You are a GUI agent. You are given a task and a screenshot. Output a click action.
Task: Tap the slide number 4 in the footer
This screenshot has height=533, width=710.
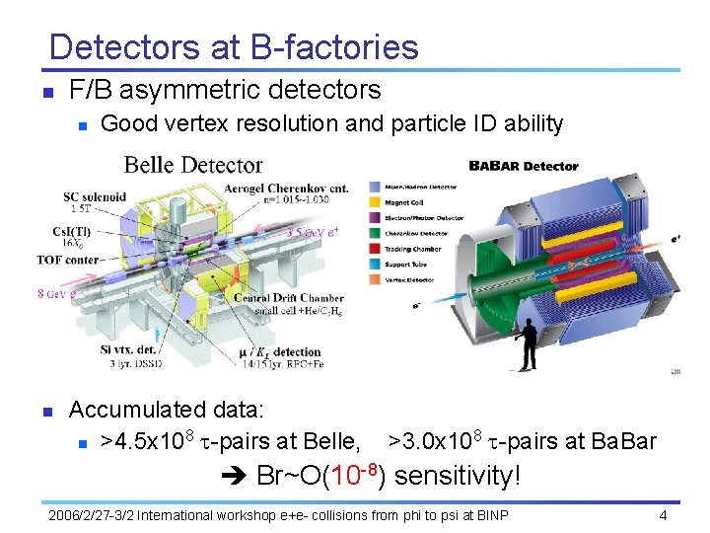click(664, 516)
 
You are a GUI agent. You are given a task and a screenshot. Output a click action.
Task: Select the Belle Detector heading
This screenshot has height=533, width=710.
click(193, 165)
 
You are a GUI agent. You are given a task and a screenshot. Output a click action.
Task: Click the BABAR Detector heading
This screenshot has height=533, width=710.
click(523, 166)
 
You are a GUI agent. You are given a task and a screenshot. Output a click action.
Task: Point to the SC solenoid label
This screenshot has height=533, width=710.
click(95, 196)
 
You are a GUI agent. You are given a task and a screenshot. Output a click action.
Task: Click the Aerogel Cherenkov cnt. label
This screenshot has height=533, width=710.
click(286, 188)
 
